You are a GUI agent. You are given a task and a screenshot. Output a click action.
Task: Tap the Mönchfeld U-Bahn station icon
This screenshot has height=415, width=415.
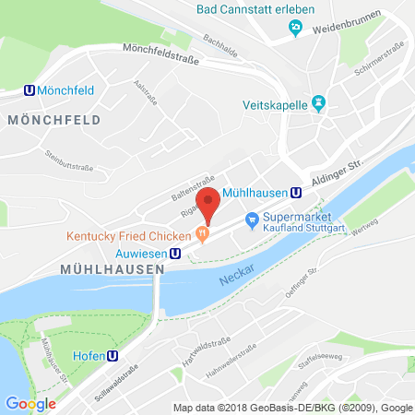coord(30,91)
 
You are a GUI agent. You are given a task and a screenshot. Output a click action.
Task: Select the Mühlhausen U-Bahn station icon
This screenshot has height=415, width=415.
coord(295,193)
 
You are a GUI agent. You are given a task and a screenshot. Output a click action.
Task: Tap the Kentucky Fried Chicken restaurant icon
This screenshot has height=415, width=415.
coord(201,235)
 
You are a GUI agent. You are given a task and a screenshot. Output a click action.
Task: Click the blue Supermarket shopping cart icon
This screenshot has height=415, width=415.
coord(251,219)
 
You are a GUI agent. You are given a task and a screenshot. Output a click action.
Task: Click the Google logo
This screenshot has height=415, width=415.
coord(30,403)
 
